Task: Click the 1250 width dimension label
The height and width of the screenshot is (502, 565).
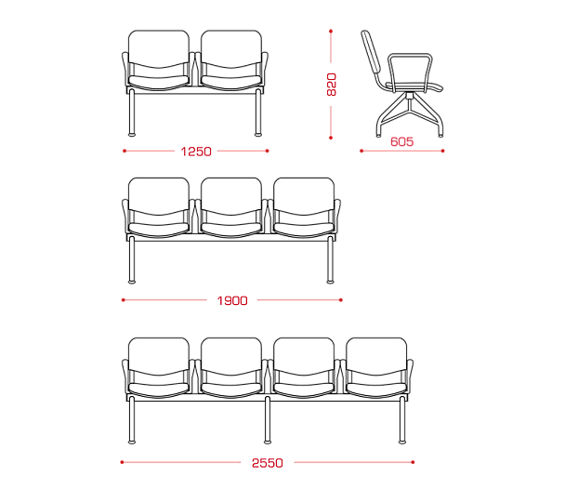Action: point(196,152)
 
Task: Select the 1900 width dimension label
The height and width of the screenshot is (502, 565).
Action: point(232,300)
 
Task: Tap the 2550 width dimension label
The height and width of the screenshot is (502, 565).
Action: point(268,463)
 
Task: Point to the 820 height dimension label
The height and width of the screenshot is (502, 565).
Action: point(331,85)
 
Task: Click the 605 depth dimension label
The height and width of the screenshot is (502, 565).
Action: point(401,141)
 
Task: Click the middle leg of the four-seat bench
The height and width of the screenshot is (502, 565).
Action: point(268,420)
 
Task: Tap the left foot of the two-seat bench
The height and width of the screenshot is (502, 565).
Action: point(132,135)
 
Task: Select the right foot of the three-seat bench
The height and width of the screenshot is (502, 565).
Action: point(330,282)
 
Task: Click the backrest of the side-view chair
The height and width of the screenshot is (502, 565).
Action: point(371,51)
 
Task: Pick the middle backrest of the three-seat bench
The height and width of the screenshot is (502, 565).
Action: point(231,196)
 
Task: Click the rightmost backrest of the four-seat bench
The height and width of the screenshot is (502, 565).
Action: point(376,356)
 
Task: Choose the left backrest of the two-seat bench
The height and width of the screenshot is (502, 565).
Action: point(159,49)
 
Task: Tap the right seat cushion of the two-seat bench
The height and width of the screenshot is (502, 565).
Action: point(231,82)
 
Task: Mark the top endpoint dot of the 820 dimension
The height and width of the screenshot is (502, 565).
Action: point(331,32)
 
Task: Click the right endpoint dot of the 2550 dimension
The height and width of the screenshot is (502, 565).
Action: point(413,462)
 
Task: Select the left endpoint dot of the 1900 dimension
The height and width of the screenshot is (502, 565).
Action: point(124,300)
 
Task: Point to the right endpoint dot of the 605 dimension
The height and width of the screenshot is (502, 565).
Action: point(443,151)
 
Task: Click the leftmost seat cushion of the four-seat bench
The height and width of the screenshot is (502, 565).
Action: point(159,390)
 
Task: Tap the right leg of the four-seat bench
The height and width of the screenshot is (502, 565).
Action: point(402,420)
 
